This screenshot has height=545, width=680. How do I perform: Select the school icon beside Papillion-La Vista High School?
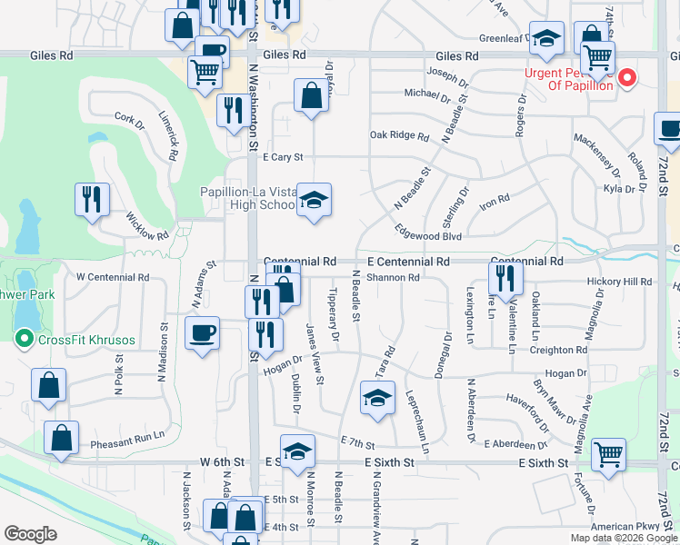(x=314, y=201)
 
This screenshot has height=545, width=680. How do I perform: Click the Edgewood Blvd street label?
(x=428, y=236)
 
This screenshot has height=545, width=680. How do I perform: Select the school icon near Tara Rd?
(x=377, y=397)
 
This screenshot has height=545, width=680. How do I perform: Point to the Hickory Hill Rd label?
(x=619, y=282)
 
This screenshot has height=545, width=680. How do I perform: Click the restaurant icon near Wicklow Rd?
(x=92, y=199)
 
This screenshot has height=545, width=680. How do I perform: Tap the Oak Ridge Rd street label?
(x=399, y=136)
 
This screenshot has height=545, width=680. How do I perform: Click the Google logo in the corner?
(x=31, y=534)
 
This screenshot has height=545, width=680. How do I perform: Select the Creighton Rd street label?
(x=558, y=350)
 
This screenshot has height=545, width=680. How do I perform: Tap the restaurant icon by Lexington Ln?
(x=506, y=278)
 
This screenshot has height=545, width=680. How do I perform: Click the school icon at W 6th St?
(x=297, y=451)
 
